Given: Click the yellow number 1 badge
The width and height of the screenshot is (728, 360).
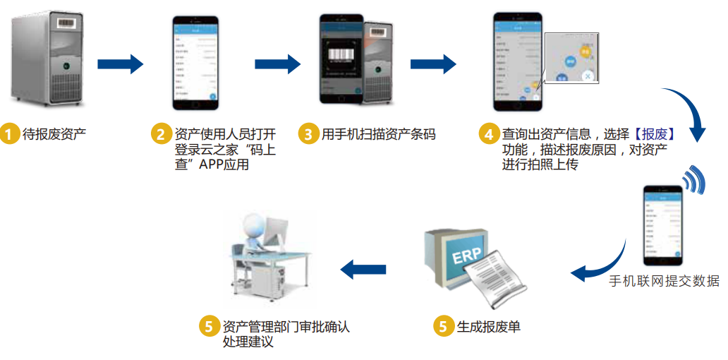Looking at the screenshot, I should coord(9,133).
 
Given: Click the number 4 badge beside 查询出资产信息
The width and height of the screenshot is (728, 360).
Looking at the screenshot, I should coord(488,133).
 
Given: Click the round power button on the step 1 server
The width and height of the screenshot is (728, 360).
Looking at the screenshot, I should coord(65,66).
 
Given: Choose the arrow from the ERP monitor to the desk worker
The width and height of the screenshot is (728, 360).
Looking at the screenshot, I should coord(363,269).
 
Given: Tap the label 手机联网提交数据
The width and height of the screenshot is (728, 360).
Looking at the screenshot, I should coord(665,281).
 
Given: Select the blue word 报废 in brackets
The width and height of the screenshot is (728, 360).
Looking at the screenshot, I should coord(655,133).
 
